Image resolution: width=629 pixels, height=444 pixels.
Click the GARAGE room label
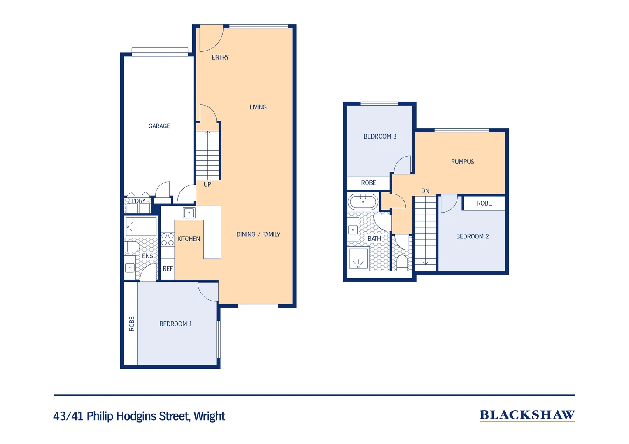(159, 126)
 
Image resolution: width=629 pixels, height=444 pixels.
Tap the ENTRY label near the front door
(220, 58)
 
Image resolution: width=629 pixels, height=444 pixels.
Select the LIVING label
(258, 107)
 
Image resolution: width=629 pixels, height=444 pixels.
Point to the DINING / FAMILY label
(258, 234)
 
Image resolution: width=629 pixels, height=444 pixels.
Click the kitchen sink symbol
(189, 213)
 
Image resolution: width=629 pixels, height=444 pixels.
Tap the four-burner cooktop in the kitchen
(168, 239)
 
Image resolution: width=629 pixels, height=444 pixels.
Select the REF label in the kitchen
(168, 269)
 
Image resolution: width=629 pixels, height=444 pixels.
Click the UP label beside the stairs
(207, 185)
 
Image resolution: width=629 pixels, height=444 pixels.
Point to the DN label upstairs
(425, 191)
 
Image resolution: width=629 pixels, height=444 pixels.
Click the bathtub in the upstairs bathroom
(363, 202)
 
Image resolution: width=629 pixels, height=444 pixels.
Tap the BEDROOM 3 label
(380, 136)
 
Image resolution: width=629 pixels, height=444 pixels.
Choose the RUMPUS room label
(462, 162)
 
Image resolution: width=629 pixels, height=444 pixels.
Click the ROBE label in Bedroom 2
(484, 203)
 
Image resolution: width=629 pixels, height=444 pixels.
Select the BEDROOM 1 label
(175, 324)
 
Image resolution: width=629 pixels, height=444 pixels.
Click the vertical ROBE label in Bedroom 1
(132, 324)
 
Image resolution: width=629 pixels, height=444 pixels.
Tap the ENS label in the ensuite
(147, 256)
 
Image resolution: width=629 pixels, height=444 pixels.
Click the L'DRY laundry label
(138, 201)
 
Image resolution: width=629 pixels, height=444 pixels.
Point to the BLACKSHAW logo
(527, 415)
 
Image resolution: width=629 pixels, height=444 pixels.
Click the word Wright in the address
(209, 416)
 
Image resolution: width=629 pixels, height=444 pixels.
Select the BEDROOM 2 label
(472, 237)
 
